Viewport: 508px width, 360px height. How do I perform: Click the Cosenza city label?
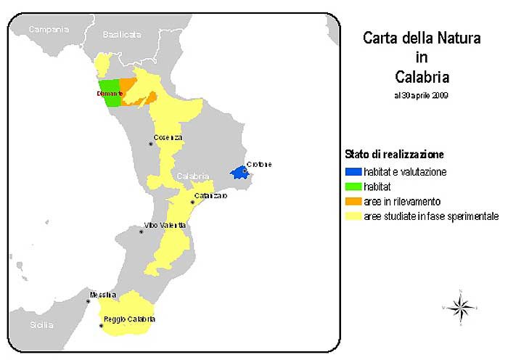pyautogui.click(x=168, y=138)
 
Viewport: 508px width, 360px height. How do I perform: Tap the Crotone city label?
pyautogui.click(x=259, y=164)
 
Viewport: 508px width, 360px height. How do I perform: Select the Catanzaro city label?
pyautogui.click(x=210, y=196)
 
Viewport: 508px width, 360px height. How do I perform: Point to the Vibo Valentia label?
pyautogui.click(x=165, y=226)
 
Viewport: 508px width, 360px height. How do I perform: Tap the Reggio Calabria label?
pyautogui.click(x=129, y=319)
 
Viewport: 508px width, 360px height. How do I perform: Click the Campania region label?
pyautogui.click(x=49, y=30)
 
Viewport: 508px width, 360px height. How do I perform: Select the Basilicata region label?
pyautogui.click(x=122, y=34)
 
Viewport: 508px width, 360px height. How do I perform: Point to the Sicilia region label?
pyautogui.click(x=41, y=324)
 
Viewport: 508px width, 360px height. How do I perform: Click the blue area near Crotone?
pyautogui.click(x=237, y=173)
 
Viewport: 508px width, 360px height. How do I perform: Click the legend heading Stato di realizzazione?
pyautogui.click(x=393, y=155)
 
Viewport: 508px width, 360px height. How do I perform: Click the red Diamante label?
pyautogui.click(x=110, y=94)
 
